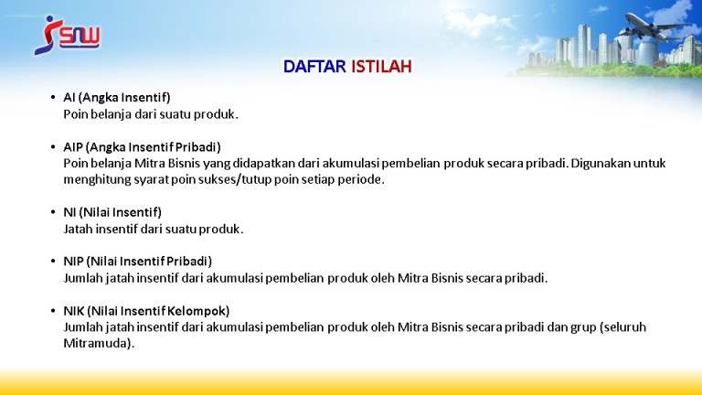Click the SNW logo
pos(67,36)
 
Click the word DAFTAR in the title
pos(314,67)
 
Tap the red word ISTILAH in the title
pos(381,67)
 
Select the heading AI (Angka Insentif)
pos(117,97)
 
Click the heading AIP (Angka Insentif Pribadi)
pos(142,147)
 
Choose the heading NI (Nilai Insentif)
pos(112,212)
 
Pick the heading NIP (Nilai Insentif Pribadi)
pos(137,262)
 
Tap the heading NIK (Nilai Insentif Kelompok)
pos(146,310)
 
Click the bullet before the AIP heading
pos(53,147)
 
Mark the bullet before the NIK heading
pos(53,310)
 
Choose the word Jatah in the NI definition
pos(78,229)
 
